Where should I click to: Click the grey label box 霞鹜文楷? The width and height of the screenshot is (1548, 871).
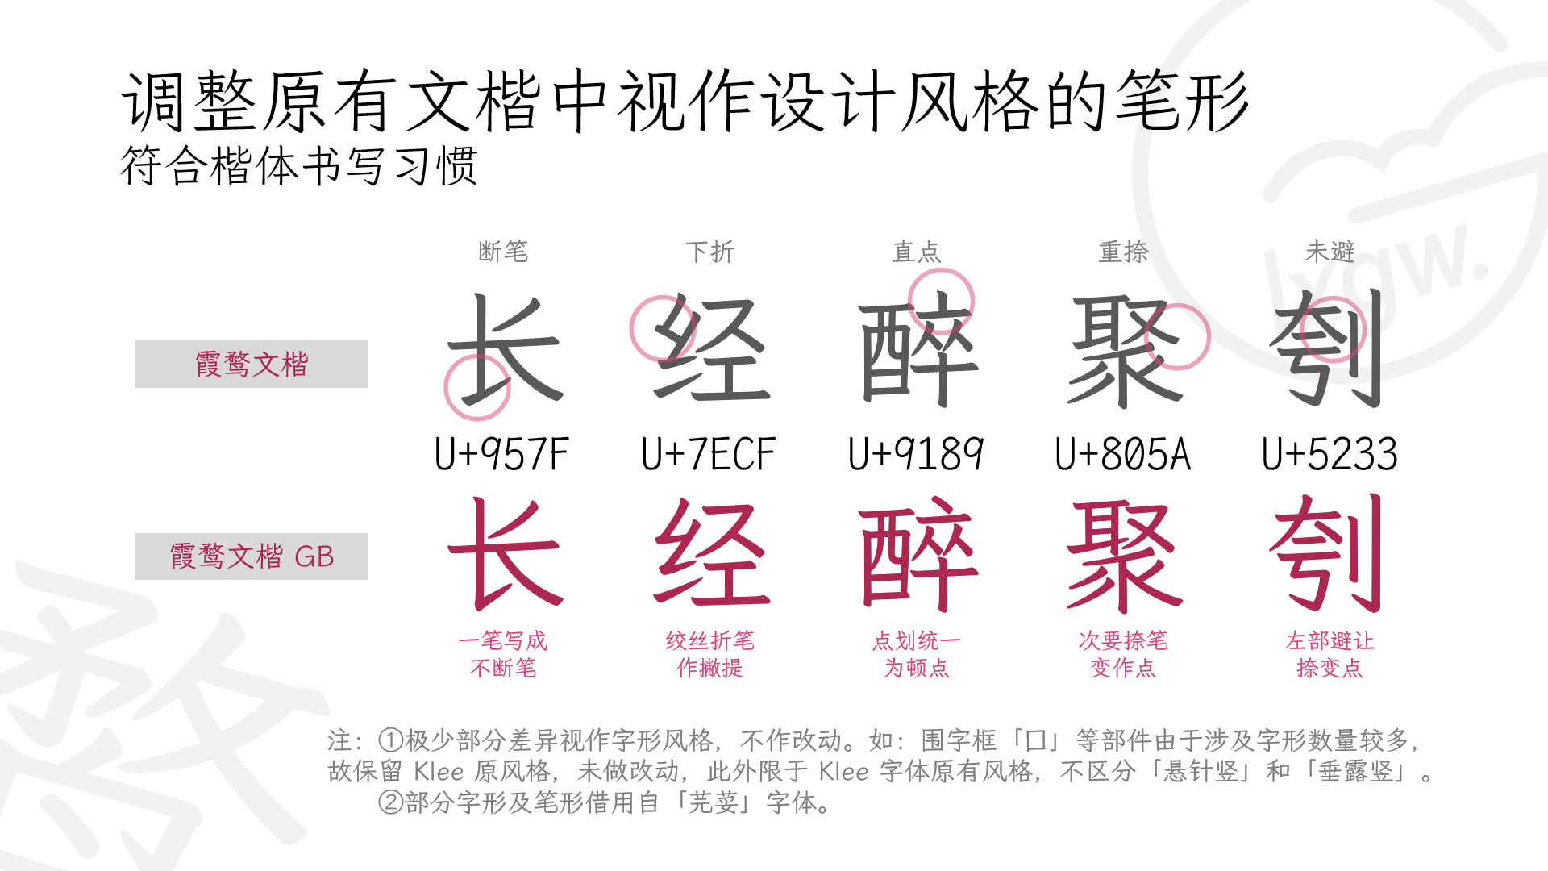(x=251, y=364)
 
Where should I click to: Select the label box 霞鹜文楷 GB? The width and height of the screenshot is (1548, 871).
(x=251, y=556)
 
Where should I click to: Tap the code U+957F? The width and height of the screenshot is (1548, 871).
(x=501, y=454)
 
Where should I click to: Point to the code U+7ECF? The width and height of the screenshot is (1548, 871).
(x=708, y=454)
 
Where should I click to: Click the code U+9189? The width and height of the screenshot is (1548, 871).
(x=915, y=454)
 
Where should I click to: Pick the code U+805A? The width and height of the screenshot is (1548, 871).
(x=1122, y=454)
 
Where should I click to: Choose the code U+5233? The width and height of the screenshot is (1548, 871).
(x=1330, y=454)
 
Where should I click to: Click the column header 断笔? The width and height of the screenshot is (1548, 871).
(x=503, y=252)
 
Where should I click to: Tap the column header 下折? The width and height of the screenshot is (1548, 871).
(x=709, y=252)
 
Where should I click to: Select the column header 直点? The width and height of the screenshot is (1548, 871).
(x=916, y=252)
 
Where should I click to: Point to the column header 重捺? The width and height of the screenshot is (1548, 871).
(x=1123, y=252)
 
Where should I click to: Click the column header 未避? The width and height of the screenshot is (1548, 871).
(x=1330, y=252)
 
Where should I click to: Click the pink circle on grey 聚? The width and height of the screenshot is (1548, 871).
(x=1177, y=336)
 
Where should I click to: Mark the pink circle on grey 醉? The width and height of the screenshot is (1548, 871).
(x=941, y=301)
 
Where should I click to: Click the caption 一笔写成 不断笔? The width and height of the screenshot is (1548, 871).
(x=503, y=654)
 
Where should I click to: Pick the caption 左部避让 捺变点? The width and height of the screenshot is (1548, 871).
(x=1330, y=654)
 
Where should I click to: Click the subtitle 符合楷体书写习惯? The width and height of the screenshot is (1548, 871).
(x=299, y=166)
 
